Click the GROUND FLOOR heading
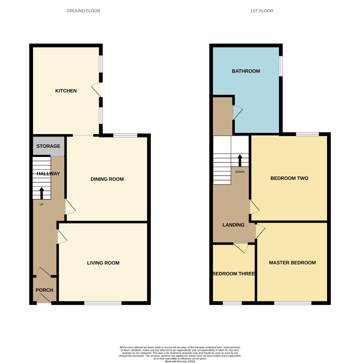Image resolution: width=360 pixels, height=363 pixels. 83,11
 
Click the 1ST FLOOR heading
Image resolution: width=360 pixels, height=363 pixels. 261,11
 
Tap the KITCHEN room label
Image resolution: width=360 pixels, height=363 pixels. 66,91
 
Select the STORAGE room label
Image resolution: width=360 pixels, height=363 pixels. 48,146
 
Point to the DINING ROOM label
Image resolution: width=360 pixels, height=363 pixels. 107,179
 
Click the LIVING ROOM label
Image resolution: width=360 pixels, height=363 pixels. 103,263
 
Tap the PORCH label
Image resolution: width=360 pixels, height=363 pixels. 44,290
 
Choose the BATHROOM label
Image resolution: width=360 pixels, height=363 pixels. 246,71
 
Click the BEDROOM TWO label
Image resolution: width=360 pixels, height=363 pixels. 289,178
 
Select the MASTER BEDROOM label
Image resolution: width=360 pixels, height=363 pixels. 292,263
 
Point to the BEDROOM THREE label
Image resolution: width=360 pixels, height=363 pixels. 233,274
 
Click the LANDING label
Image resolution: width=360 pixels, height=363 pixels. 233,225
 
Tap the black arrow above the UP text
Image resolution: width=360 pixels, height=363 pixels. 42,193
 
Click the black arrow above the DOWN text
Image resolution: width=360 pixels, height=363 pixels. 240,160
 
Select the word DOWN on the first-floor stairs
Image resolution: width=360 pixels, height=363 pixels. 240,172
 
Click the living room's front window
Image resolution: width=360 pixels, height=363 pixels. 103,303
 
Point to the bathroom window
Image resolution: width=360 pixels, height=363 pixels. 281,66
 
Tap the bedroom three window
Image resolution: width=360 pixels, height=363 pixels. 232,303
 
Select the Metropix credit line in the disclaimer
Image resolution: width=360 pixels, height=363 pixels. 180,361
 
